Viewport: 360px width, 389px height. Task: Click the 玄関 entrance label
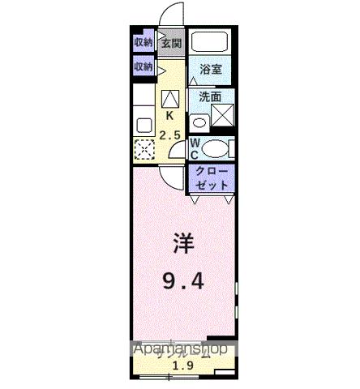[170, 44]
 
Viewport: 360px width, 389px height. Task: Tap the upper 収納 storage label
[144, 43]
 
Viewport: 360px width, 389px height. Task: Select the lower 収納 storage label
[144, 66]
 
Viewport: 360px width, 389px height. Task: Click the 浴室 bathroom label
[211, 70]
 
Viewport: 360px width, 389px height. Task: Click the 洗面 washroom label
[211, 96]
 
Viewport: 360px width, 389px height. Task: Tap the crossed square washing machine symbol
[221, 115]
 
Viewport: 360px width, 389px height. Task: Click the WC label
[195, 148]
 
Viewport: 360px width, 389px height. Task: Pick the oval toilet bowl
[215, 148]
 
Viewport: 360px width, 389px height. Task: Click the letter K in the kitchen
[169, 114]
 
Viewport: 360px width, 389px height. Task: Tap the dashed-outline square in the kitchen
[144, 150]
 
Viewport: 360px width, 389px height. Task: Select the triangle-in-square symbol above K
[169, 98]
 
